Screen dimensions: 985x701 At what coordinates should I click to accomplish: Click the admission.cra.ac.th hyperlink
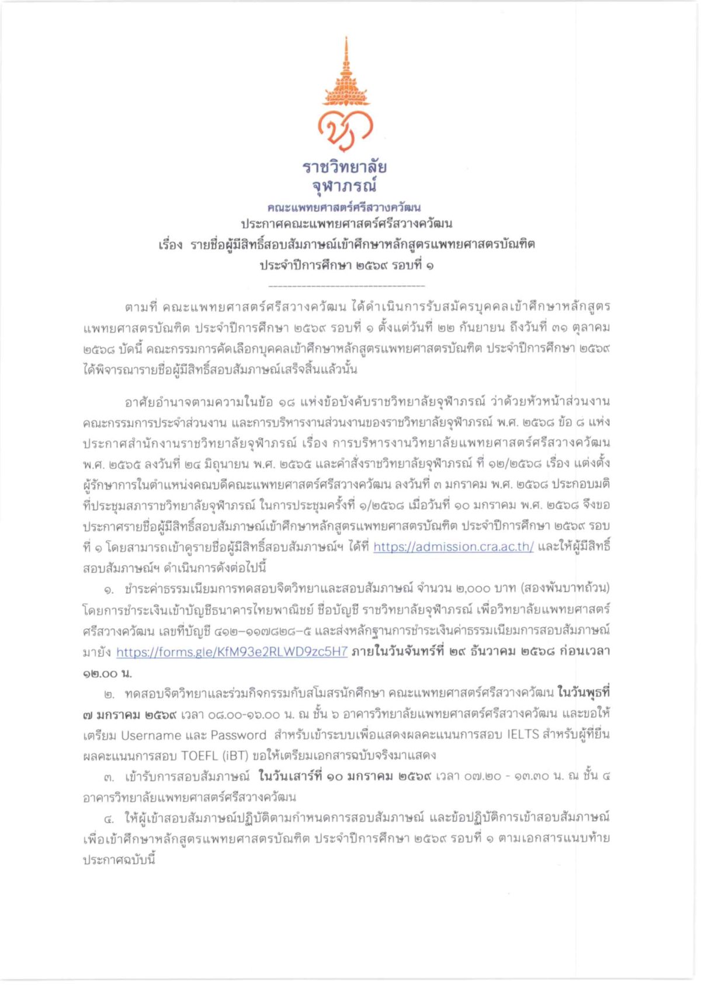(453, 547)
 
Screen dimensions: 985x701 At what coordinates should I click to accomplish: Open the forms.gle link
(232, 652)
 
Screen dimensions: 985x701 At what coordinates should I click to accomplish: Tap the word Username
(151, 735)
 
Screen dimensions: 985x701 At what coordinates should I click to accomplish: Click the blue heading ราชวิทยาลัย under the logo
(345, 168)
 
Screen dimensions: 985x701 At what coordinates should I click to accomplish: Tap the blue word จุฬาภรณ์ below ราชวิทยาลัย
(345, 186)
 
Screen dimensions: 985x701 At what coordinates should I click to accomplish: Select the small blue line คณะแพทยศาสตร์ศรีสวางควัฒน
(345, 207)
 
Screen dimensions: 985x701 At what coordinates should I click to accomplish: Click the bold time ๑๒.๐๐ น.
(107, 673)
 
